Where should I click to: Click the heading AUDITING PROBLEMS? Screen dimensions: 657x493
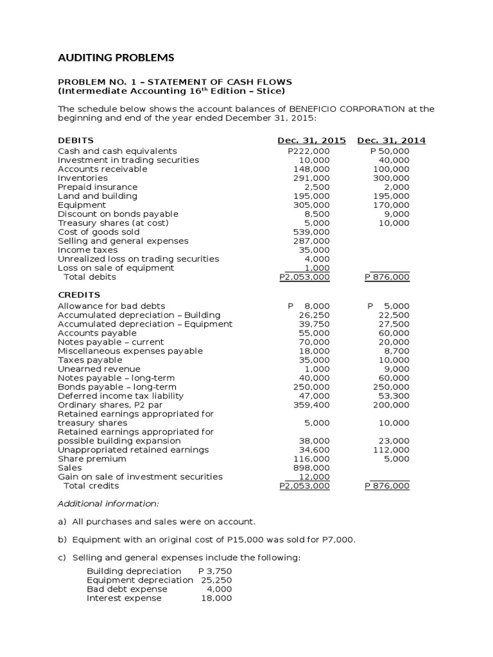[x=116, y=58]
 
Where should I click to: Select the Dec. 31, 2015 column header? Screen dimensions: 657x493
[x=311, y=141]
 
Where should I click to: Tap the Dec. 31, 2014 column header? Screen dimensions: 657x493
[x=391, y=141]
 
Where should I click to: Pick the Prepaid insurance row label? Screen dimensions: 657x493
[x=98, y=187]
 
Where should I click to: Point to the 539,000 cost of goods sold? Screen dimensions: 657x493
[x=315, y=232]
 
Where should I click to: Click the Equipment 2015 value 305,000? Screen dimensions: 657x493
[x=315, y=205]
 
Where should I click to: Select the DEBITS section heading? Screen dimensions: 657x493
[x=76, y=141]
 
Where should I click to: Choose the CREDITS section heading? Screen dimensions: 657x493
[x=78, y=294]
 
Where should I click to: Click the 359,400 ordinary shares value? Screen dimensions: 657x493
[x=315, y=405]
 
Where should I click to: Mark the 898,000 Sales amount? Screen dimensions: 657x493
[x=315, y=468]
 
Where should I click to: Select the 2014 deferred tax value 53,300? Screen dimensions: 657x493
[x=395, y=396]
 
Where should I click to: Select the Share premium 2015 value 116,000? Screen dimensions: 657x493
[x=315, y=459]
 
